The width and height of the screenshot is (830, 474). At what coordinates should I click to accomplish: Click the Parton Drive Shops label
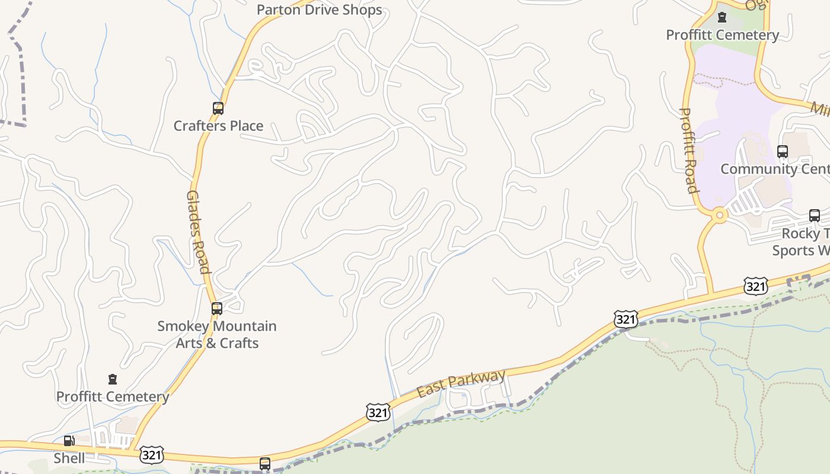coord(319,10)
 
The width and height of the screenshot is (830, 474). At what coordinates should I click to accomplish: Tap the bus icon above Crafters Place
coord(218,108)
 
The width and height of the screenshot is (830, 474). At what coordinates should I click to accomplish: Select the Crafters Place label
coord(218,126)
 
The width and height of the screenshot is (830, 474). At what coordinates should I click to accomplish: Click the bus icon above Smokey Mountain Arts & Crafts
coord(217,309)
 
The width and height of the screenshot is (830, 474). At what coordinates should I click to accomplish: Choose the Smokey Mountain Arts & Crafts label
coord(217,335)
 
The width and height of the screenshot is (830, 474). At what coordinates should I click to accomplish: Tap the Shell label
coord(69,458)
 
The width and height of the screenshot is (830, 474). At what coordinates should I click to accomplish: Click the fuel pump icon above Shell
coord(69,441)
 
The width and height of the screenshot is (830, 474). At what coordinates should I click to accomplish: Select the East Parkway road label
coord(461,384)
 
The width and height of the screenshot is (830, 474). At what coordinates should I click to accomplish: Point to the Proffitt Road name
coord(688,150)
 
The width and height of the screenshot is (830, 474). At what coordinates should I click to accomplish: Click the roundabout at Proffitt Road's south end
coord(720,215)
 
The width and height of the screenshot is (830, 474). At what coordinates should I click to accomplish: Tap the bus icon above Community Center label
coord(783,152)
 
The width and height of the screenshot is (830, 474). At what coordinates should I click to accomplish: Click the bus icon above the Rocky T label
coord(815,216)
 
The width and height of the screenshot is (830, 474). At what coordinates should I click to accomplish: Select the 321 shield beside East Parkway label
coord(378,412)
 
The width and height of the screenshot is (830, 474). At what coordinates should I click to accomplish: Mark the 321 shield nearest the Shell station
coord(152,455)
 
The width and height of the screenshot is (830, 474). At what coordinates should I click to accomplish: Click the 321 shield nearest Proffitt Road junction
coord(755,287)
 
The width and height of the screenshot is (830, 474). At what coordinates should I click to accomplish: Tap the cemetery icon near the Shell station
coord(113,379)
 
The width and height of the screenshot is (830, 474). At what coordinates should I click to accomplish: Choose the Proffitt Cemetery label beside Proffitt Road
coord(722,35)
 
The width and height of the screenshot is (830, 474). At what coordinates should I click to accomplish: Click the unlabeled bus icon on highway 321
coord(265,463)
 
